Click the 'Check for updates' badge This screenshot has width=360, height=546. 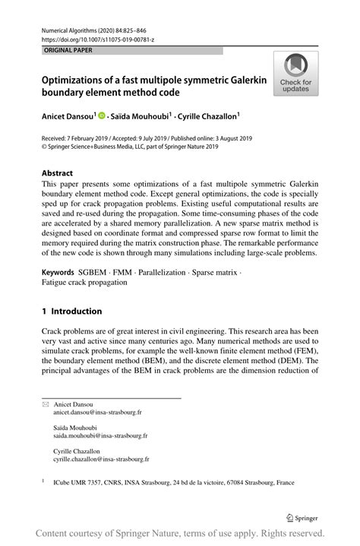point(295,74)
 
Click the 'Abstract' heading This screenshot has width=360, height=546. point(57,172)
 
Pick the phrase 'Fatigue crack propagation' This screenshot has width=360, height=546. point(84,282)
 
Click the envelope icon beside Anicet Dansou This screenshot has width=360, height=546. point(45,405)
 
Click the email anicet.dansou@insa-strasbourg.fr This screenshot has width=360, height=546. point(97,412)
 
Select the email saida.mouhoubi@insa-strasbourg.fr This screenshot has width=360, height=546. point(100,436)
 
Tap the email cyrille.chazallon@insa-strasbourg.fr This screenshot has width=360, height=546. point(101,459)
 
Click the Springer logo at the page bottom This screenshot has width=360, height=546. point(303,518)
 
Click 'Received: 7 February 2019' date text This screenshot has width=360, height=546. point(77,140)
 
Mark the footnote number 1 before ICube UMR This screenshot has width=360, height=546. point(43,481)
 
